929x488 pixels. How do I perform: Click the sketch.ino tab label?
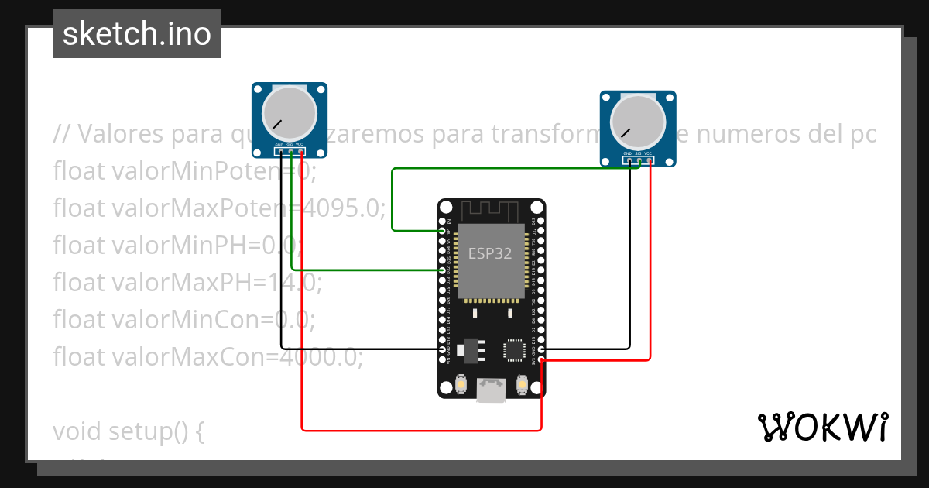click(x=137, y=34)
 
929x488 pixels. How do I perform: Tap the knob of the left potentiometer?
click(x=289, y=113)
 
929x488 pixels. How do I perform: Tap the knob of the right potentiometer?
click(x=637, y=122)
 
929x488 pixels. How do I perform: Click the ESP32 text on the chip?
click(x=490, y=253)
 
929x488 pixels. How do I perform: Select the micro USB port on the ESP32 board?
click(x=491, y=390)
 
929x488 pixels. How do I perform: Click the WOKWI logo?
click(x=822, y=427)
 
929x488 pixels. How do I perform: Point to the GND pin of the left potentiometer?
click(x=281, y=152)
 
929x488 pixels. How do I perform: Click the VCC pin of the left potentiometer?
click(x=300, y=152)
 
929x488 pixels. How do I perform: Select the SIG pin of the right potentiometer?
click(x=639, y=160)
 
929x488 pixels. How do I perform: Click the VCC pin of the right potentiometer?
click(x=649, y=160)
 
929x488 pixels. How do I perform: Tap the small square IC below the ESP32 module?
click(x=514, y=349)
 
